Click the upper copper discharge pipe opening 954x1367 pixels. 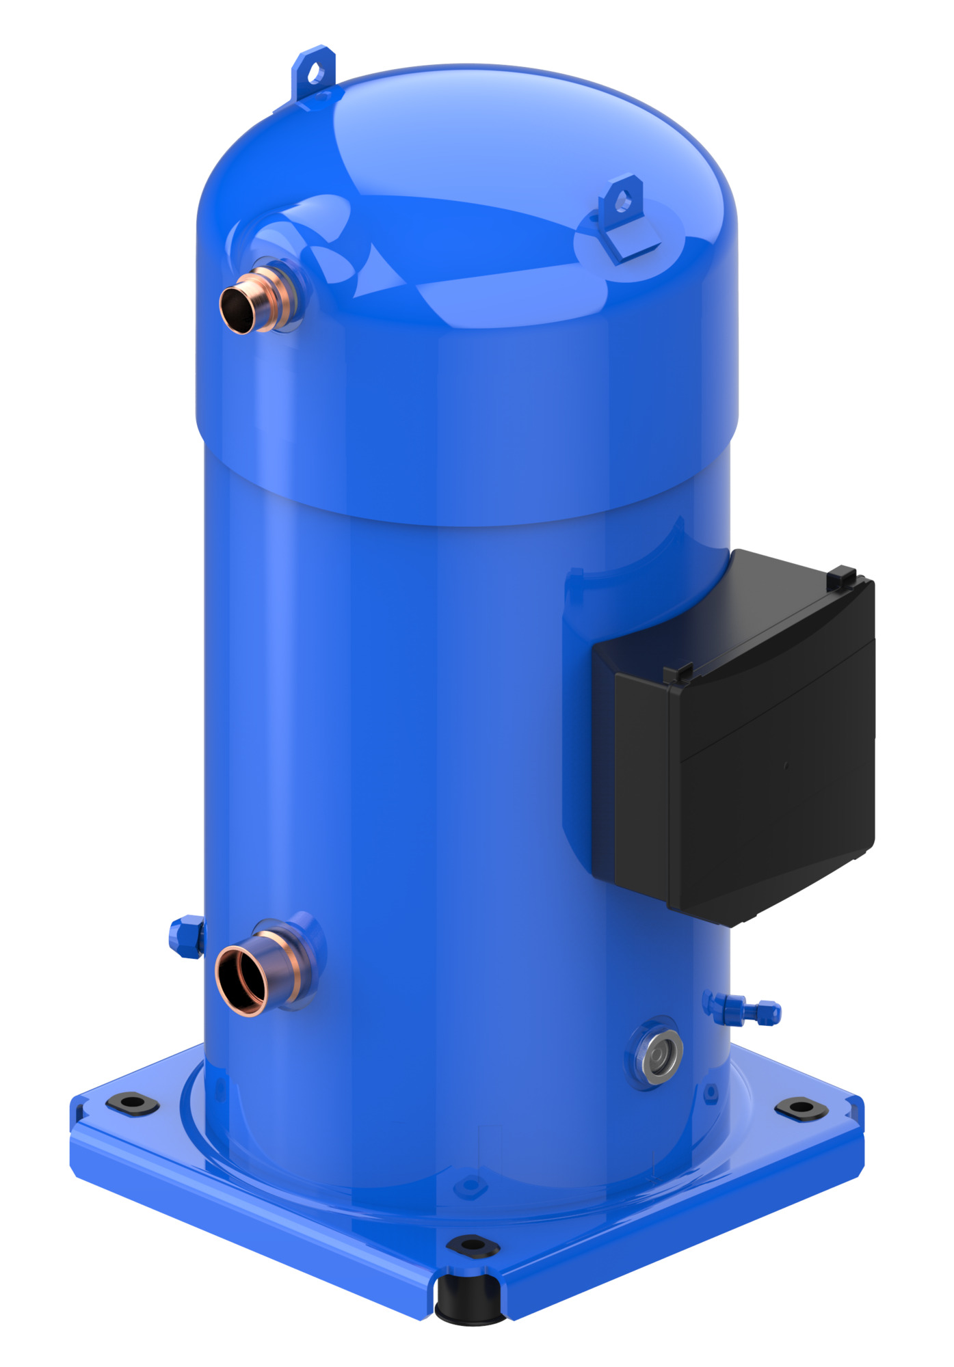(237, 310)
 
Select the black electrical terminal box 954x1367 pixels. (745, 745)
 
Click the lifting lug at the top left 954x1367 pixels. (315, 72)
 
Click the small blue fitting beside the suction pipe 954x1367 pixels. (186, 936)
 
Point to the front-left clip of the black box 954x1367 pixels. (679, 673)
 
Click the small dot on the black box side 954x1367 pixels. (786, 766)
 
